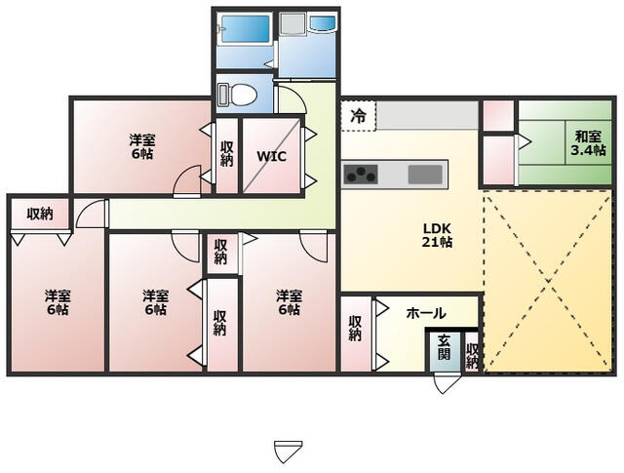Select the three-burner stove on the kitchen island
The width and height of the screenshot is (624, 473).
[361, 174]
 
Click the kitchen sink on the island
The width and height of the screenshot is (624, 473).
[425, 174]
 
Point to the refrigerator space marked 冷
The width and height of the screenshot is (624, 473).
[358, 116]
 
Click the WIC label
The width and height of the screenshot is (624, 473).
[271, 156]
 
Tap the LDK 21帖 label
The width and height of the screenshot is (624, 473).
[437, 235]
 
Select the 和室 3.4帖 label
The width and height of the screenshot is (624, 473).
[589, 143]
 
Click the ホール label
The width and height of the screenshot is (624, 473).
[426, 313]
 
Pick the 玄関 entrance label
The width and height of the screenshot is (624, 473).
[444, 347]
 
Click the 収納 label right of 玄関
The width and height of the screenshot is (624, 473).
[472, 356]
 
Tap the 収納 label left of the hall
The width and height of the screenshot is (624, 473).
[355, 329]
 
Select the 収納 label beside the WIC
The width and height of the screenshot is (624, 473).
[226, 154]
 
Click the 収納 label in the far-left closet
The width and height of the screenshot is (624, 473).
[40, 215]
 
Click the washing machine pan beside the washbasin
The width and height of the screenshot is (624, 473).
[292, 24]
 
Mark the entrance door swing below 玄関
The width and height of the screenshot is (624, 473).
[446, 382]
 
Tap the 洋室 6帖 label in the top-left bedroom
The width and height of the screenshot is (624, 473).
[142, 146]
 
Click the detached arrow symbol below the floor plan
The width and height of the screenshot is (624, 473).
[289, 452]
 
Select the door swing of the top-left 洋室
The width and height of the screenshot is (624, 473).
[187, 181]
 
